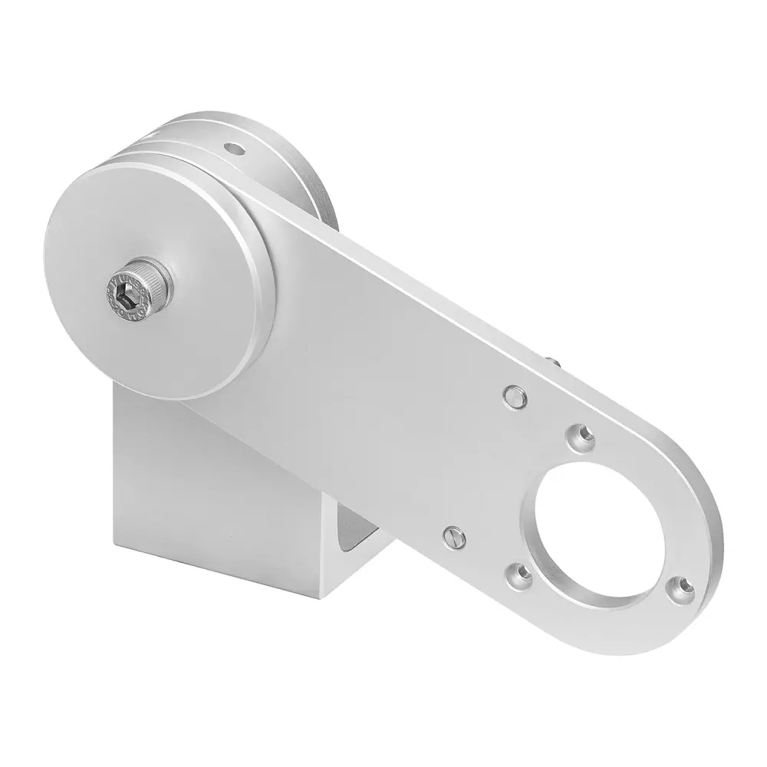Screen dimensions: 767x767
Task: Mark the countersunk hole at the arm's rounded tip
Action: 678,587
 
